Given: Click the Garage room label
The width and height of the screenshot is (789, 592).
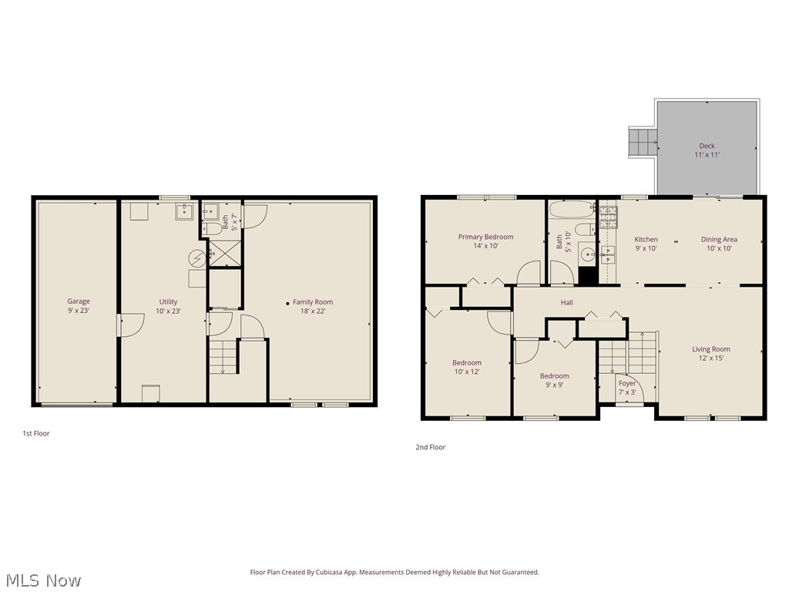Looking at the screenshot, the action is [79, 301].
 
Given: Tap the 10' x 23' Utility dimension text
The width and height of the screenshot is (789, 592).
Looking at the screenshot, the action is [168, 311].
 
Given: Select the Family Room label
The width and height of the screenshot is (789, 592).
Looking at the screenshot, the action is [313, 302].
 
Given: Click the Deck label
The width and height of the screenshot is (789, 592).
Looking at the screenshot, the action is [707, 146].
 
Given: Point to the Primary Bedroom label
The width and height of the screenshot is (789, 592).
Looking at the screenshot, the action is [485, 237].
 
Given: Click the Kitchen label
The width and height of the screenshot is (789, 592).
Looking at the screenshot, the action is [646, 240].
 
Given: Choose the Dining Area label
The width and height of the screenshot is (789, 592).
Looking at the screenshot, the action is [719, 240].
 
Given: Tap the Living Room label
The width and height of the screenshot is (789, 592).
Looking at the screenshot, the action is [711, 349].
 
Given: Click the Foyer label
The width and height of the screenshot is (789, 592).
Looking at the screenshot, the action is [627, 384].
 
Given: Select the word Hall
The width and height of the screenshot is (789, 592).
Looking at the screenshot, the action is [567, 302].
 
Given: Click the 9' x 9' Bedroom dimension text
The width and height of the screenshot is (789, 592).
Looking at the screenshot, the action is [555, 385].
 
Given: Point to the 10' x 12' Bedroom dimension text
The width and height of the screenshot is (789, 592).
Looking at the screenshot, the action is [467, 372].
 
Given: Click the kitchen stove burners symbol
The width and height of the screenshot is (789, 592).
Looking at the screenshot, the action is [609, 217].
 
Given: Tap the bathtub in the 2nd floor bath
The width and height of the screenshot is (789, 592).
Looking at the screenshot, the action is [572, 210].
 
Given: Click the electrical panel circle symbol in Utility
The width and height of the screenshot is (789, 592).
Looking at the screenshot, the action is [196, 258].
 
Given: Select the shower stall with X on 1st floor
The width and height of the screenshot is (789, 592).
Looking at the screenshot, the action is [224, 253].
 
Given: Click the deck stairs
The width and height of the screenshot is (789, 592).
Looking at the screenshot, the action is [643, 143].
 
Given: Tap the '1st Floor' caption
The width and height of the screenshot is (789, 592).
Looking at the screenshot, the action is [36, 433].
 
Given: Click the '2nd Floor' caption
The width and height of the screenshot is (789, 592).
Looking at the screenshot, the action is [430, 447].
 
